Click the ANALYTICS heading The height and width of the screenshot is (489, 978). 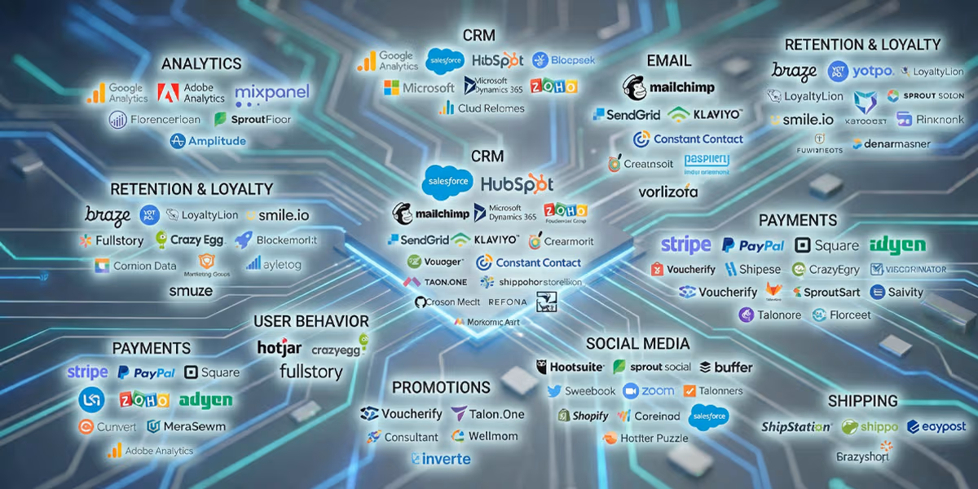[x=201, y=64]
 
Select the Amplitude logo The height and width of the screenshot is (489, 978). [x=208, y=141]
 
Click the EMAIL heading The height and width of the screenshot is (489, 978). [x=668, y=61]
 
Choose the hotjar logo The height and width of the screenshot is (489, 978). [x=280, y=348]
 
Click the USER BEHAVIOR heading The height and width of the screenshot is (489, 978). [x=311, y=321]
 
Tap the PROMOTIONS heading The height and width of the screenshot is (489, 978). [x=441, y=387]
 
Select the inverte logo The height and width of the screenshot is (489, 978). [x=441, y=459]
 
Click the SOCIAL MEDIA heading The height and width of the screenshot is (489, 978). [x=637, y=344]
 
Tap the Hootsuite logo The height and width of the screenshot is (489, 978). [x=570, y=367]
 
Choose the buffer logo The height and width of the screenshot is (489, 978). [x=726, y=367]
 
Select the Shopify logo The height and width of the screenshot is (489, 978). [x=584, y=416]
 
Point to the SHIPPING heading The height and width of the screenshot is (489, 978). [x=862, y=401]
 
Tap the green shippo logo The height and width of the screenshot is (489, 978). [x=870, y=426]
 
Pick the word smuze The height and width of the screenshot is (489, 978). [x=191, y=290]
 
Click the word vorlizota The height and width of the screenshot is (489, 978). [x=668, y=192]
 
